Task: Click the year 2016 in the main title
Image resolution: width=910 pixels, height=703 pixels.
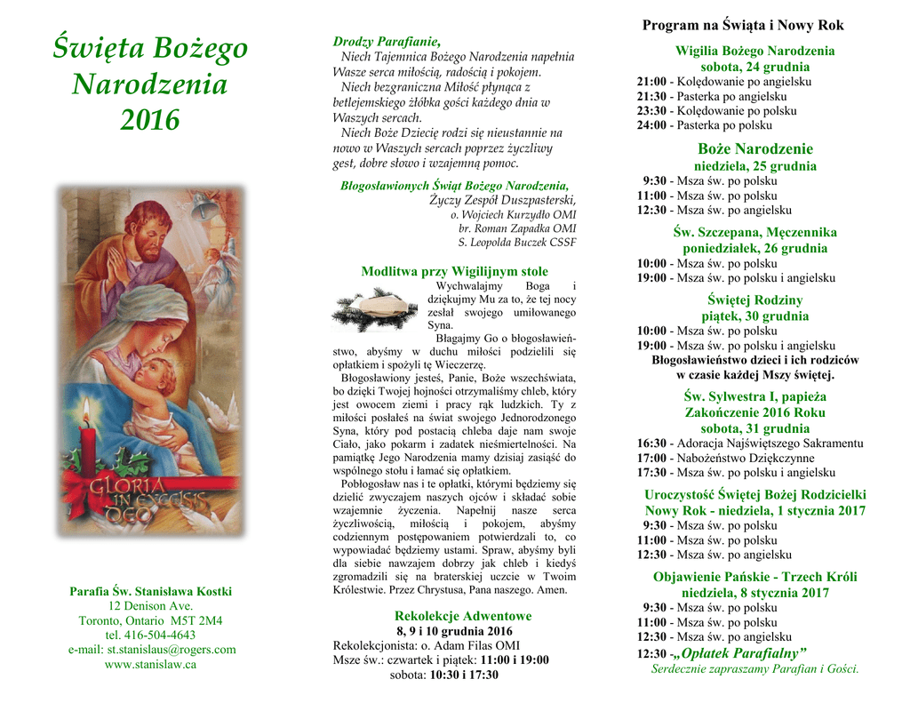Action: coord(150,119)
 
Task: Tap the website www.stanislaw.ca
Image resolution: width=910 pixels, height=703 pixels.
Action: coord(150,664)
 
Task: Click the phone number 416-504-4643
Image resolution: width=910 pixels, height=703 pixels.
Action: coord(150,635)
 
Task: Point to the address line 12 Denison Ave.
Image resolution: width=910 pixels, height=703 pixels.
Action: coord(150,606)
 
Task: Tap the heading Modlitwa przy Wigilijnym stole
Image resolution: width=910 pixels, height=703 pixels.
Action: coord(454,271)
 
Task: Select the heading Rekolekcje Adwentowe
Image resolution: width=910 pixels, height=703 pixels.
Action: coord(462,616)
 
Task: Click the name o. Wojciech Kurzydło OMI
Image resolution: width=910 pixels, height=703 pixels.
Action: coord(513,215)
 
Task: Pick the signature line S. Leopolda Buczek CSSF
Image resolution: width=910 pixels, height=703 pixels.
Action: coord(516,242)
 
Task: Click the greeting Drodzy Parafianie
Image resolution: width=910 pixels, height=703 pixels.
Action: coord(387,42)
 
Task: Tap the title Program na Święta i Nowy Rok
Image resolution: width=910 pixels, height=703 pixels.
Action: coord(743,26)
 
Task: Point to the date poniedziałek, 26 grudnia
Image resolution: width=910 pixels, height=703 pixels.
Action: coord(754,248)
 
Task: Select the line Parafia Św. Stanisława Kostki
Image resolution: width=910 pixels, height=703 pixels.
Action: coord(150,591)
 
